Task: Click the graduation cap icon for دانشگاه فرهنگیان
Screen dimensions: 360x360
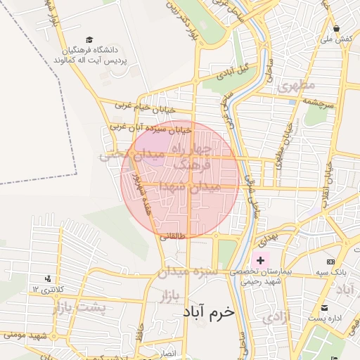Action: coord(89,41)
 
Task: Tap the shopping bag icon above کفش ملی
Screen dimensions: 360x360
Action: coord(337,29)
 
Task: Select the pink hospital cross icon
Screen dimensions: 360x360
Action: coord(260,261)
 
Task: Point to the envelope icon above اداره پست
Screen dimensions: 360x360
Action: coord(324,308)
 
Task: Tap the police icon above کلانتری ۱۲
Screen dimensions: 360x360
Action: coord(47,278)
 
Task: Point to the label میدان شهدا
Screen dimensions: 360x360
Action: coord(190,186)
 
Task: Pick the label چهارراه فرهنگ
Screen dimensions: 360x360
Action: coord(193,157)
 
